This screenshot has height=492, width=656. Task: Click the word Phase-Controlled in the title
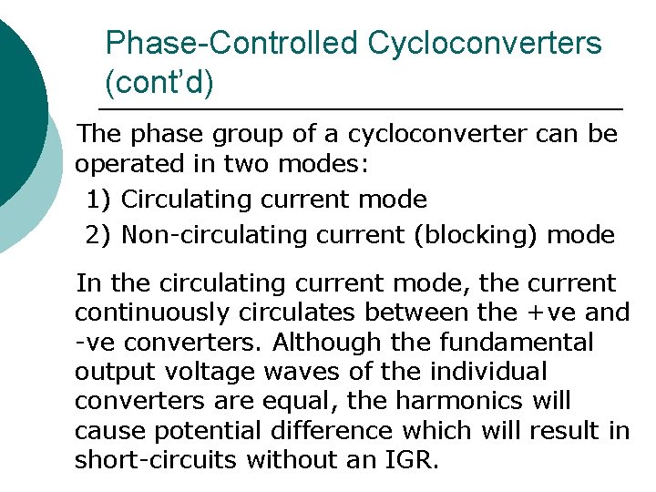click(232, 43)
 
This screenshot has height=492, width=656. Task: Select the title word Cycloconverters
click(485, 43)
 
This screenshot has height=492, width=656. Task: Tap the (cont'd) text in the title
click(159, 83)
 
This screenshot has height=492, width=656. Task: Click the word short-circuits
click(146, 460)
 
